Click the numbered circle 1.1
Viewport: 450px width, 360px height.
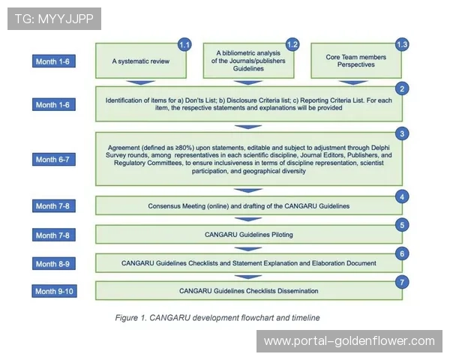coord(184,45)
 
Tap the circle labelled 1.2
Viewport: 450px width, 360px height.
coord(292,45)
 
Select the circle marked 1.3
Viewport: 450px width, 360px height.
coord(401,45)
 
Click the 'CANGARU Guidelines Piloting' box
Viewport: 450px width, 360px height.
coord(247,235)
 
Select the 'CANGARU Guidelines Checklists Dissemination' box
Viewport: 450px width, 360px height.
coord(247,290)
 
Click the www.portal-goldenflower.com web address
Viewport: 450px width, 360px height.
coord(349,341)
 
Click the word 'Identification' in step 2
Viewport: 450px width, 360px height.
coord(130,100)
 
